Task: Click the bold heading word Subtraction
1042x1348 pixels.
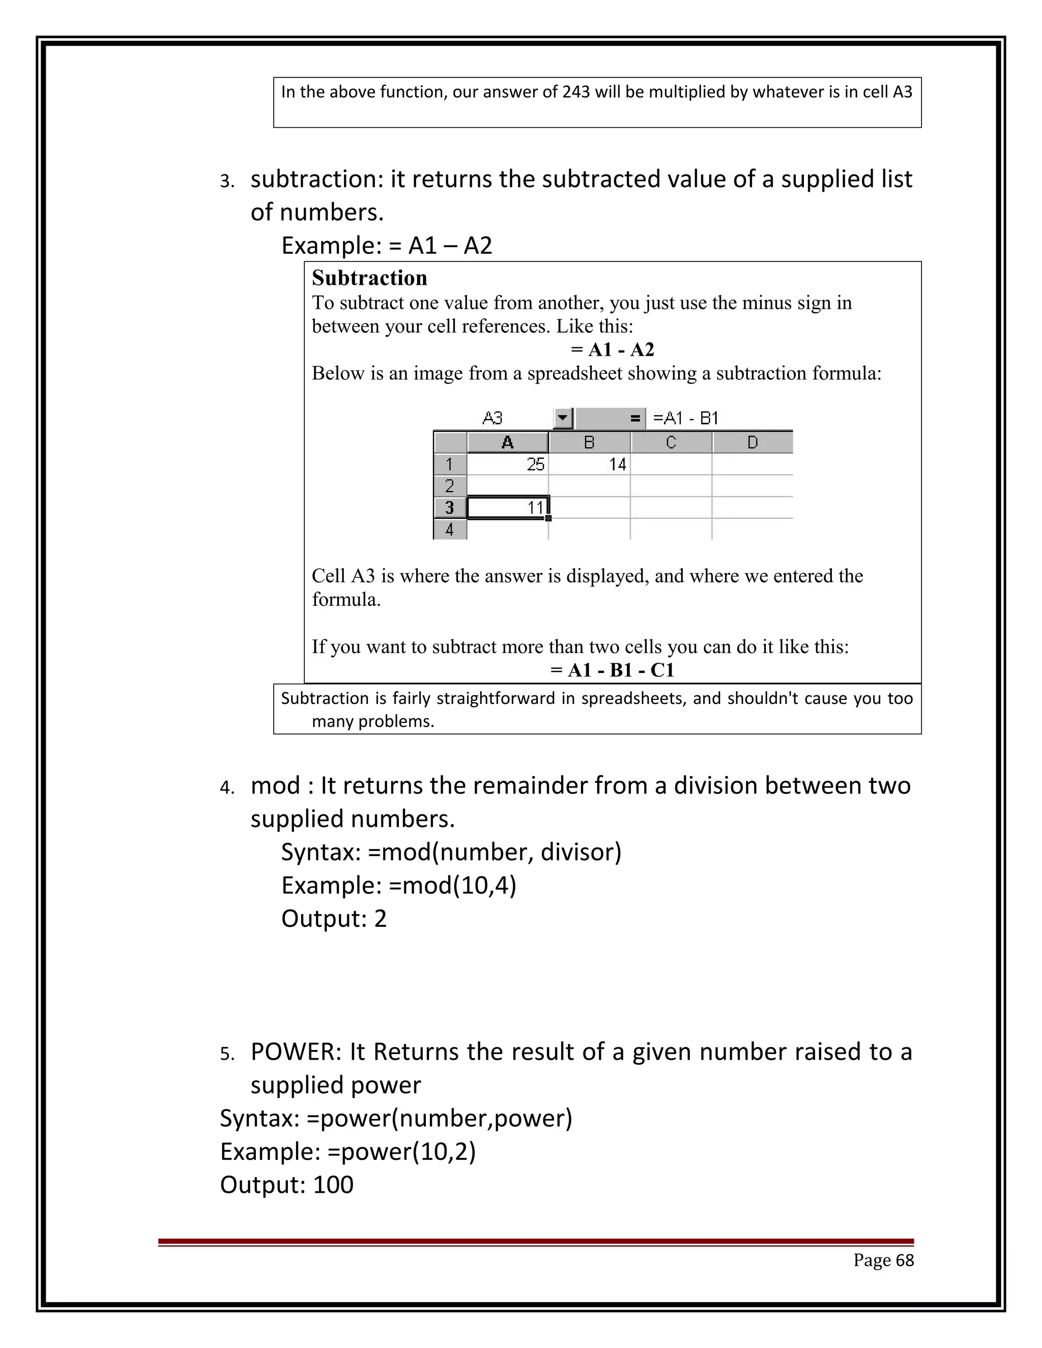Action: pyautogui.click(x=369, y=278)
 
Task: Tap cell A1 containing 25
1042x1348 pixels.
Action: pyautogui.click(x=507, y=464)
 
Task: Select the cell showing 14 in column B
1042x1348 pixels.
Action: pyautogui.click(x=590, y=464)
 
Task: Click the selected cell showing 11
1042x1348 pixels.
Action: pyautogui.click(x=507, y=507)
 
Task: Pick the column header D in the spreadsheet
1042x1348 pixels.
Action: pyautogui.click(x=752, y=443)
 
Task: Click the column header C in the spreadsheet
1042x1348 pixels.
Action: pyautogui.click(x=671, y=443)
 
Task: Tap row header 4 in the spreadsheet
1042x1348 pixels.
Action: pyautogui.click(x=449, y=530)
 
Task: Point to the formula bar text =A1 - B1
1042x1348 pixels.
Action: pyautogui.click(x=685, y=419)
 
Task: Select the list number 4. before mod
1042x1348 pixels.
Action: pyautogui.click(x=226, y=788)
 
